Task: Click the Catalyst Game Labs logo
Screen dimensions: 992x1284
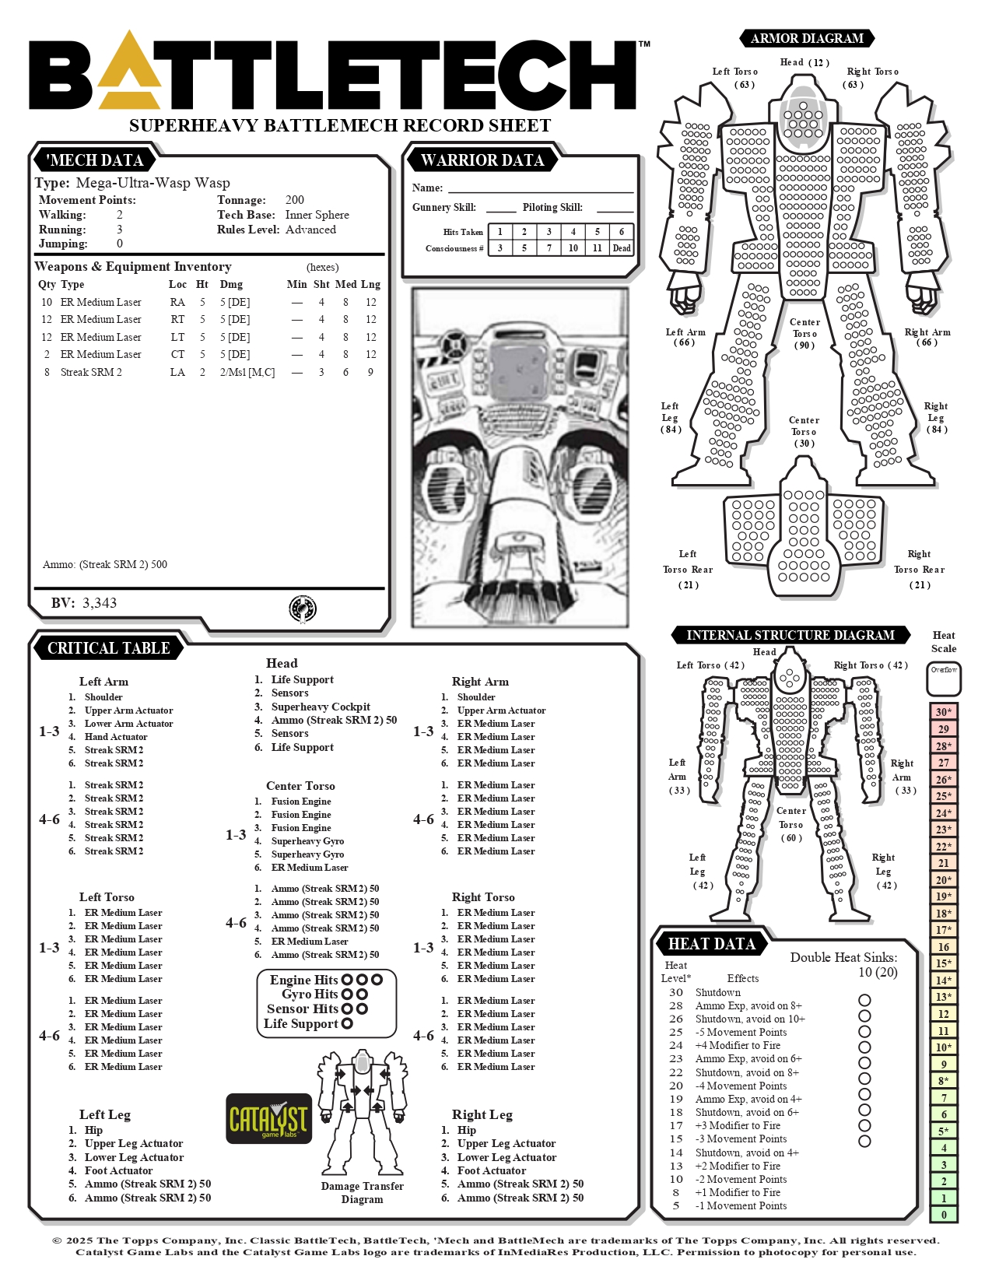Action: pyautogui.click(x=269, y=1118)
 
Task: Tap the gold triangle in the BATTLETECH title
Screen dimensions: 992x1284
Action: pyautogui.click(x=129, y=71)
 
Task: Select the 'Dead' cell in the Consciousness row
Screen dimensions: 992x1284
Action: pyautogui.click(x=622, y=248)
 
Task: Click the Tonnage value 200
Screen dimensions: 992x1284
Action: pyautogui.click(x=294, y=200)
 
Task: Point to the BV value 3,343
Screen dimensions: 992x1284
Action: pyautogui.click(x=100, y=603)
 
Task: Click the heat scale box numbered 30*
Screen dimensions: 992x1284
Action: pyautogui.click(x=944, y=712)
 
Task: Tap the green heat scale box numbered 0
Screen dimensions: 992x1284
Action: pyautogui.click(x=944, y=1214)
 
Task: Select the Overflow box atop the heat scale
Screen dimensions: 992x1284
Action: pyautogui.click(x=944, y=678)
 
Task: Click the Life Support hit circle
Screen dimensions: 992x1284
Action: pyautogui.click(x=348, y=1023)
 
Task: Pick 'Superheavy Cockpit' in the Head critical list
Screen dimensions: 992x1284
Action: pyautogui.click(x=321, y=707)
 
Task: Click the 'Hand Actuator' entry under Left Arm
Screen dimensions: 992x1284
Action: pyautogui.click(x=116, y=737)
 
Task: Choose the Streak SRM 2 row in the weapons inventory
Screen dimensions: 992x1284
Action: pyautogui.click(x=209, y=372)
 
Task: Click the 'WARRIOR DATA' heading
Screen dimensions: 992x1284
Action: pyautogui.click(x=482, y=160)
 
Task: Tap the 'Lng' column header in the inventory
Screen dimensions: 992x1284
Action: pyautogui.click(x=370, y=284)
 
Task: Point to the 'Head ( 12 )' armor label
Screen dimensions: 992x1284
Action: pyautogui.click(x=804, y=62)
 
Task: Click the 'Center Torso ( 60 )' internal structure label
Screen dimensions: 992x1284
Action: pyautogui.click(x=791, y=824)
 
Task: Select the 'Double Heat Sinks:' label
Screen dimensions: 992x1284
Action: pyautogui.click(x=843, y=957)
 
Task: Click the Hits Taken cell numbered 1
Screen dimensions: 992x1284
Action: pyautogui.click(x=500, y=232)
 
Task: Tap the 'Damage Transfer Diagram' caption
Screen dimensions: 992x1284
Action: pyautogui.click(x=363, y=1192)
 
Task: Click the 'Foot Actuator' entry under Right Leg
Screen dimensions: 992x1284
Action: pyautogui.click(x=491, y=1170)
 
